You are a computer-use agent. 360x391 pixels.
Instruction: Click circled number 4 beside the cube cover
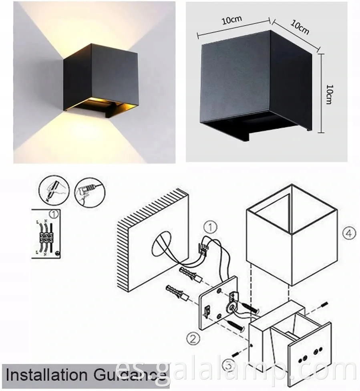[x=349, y=233]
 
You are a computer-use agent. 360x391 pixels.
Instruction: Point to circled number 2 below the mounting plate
[x=193, y=339]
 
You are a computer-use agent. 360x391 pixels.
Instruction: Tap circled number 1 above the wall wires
[x=210, y=228]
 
